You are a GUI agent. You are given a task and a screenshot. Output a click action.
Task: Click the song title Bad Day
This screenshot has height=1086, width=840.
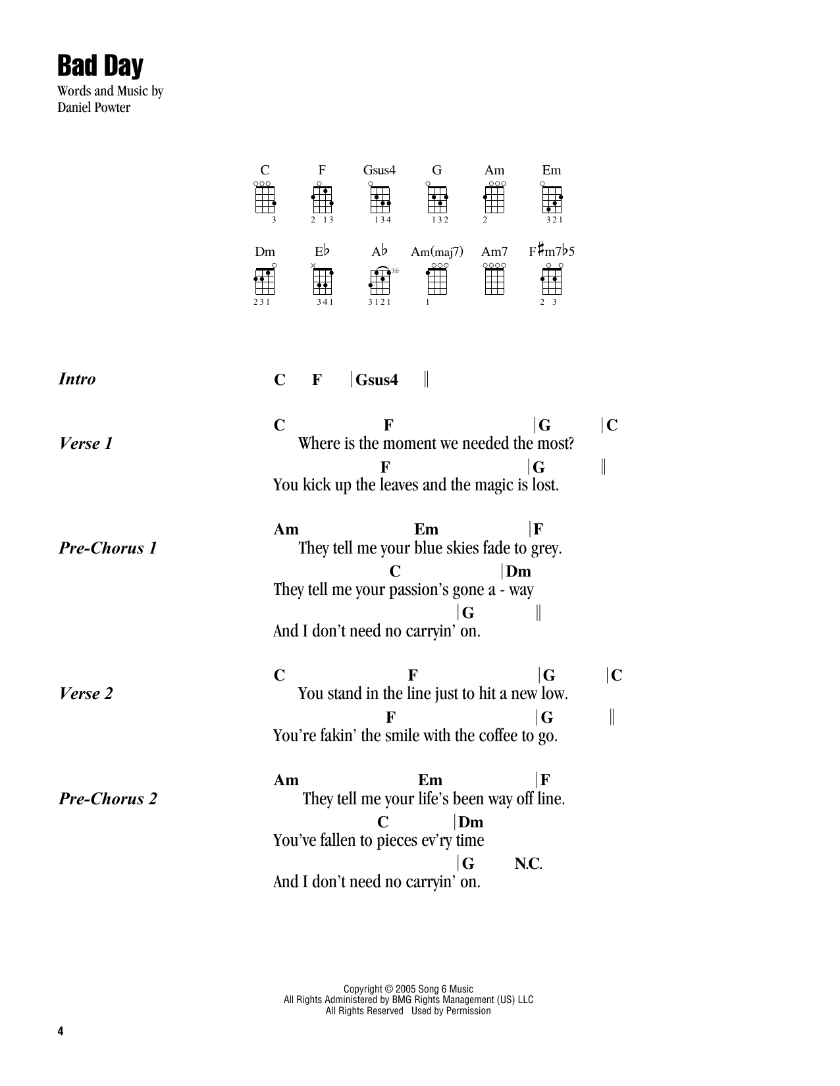pos(100,66)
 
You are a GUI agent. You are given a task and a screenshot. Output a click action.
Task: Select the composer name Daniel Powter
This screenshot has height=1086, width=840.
pos(93,107)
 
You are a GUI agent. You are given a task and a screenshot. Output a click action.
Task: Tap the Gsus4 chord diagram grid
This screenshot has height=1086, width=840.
pos(380,199)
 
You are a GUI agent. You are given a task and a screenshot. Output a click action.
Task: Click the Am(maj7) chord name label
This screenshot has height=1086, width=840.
pos(436,251)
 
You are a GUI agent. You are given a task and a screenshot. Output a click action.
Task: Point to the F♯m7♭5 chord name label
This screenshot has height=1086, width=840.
pos(551,251)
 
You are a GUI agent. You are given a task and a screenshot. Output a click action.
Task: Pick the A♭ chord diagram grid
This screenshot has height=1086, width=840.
pos(380,281)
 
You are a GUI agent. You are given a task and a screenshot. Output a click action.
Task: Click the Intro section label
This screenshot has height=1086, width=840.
pos(77,379)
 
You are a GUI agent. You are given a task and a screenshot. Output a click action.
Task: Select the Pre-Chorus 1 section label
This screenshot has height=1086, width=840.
pos(108,548)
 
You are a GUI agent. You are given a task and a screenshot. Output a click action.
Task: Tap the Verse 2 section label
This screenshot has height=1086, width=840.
pos(86,694)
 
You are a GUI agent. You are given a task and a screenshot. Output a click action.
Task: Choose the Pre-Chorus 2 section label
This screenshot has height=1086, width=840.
pos(108,799)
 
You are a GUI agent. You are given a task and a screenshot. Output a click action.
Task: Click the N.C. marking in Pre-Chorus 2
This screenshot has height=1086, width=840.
pos(528,863)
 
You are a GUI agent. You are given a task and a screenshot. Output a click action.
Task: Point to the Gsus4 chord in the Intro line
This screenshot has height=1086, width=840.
pos(377,380)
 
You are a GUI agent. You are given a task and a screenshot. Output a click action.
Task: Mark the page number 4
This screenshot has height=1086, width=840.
pos(61,1031)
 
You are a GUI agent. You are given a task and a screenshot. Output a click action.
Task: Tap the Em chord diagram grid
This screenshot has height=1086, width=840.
pos(552,199)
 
